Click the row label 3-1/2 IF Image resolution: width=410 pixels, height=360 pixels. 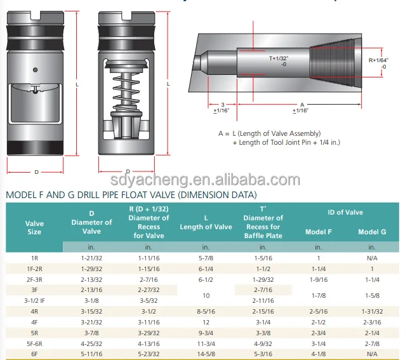click(x=34, y=300)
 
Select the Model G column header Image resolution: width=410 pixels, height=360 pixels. click(x=371, y=232)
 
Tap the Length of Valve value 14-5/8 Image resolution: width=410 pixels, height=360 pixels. click(x=206, y=354)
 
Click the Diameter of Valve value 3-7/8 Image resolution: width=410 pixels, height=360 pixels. click(x=91, y=332)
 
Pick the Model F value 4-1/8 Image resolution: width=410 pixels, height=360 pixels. click(x=318, y=354)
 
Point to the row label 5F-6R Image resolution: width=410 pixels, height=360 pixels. click(x=34, y=343)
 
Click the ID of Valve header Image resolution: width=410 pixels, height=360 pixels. click(x=345, y=212)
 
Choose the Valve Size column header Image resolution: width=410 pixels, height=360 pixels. click(x=34, y=227)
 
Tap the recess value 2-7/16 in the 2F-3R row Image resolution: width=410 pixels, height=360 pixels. click(x=149, y=279)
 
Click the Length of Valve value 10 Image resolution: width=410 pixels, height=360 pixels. click(x=206, y=295)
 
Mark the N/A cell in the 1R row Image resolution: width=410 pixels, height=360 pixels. click(x=371, y=258)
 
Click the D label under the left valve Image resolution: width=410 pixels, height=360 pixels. click(x=36, y=172)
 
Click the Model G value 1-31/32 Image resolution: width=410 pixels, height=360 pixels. click(x=371, y=311)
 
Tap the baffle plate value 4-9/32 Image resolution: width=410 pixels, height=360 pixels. click(x=263, y=343)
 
